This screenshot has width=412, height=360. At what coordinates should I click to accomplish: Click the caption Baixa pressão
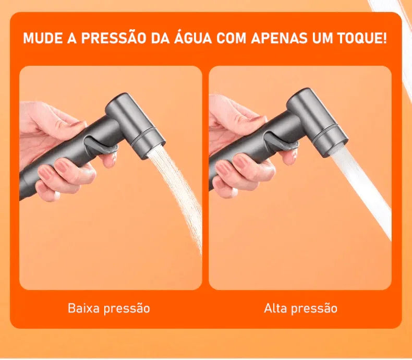click(x=109, y=308)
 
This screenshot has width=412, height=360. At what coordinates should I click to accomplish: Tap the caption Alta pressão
click(x=300, y=308)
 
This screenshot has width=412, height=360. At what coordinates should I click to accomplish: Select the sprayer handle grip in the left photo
click(x=57, y=157)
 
